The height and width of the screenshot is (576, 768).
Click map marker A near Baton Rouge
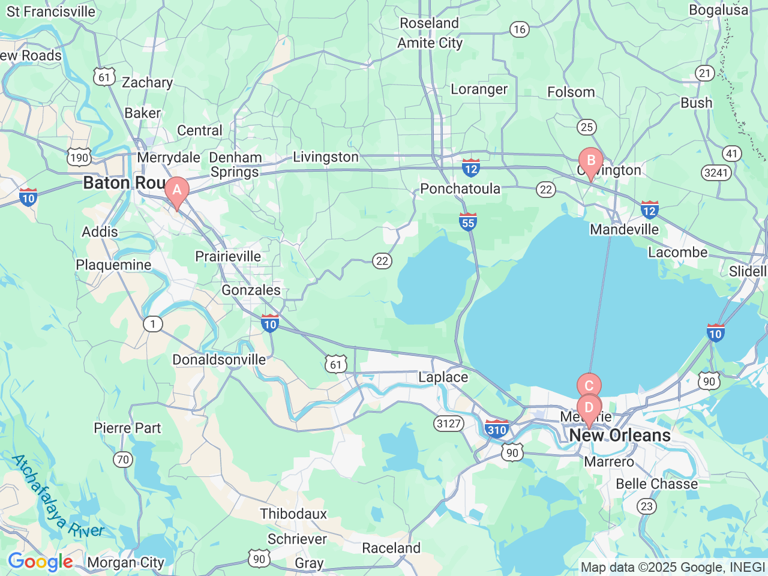(x=177, y=191)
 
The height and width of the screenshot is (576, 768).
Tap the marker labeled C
(x=589, y=385)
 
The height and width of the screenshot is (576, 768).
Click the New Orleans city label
(x=620, y=435)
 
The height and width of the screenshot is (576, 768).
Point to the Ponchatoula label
(x=460, y=189)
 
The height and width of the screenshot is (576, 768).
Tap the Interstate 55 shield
(x=468, y=222)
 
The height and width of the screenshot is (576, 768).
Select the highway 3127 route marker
(x=449, y=424)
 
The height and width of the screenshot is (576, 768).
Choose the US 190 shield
(x=79, y=158)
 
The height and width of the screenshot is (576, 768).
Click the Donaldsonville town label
(x=219, y=360)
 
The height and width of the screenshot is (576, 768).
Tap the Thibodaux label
(x=293, y=514)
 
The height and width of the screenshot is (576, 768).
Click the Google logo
(x=40, y=562)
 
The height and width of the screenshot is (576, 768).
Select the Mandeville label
(x=624, y=229)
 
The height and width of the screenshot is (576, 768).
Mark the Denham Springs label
(x=235, y=165)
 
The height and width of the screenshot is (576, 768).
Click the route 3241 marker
(x=716, y=173)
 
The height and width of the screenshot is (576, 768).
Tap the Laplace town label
(x=443, y=377)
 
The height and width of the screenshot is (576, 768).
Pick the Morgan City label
(x=125, y=562)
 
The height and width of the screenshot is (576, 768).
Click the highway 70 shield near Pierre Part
(x=123, y=460)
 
